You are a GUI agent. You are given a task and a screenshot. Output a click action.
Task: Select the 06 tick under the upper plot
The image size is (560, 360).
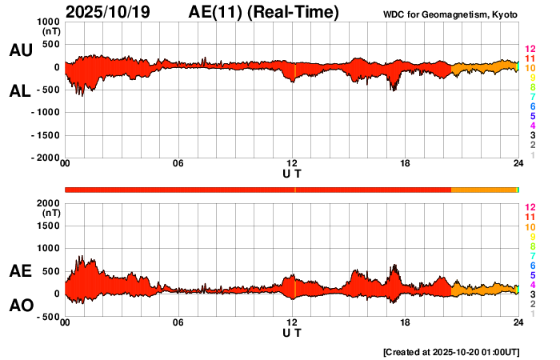point(178,164)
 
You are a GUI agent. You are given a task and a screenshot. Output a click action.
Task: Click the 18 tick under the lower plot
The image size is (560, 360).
point(405,322)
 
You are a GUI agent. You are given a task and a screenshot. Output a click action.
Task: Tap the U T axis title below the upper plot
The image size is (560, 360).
point(292,174)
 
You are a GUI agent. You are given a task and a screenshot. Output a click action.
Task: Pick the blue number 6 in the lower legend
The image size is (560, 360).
point(531,265)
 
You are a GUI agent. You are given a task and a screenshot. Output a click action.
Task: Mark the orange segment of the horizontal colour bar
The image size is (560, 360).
point(484,189)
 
